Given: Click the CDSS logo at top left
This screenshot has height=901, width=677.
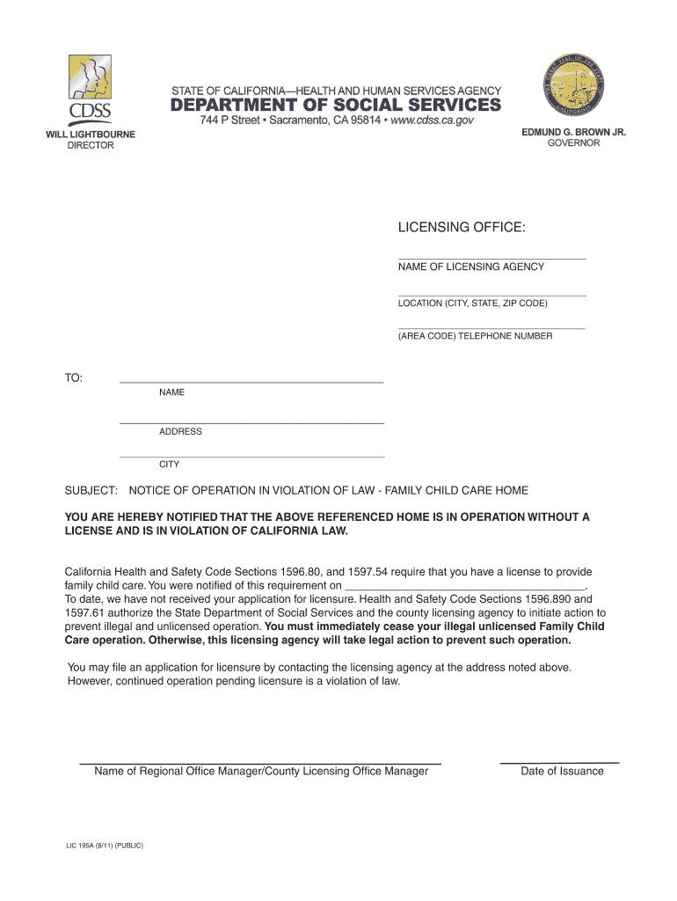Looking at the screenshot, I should coord(91,91).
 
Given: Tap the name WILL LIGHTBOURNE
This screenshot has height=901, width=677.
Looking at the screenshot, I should coord(91,135).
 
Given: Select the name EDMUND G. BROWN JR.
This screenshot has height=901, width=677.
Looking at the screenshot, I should coord(574,132).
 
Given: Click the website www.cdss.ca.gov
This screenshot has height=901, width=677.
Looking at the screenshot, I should coord(432,121).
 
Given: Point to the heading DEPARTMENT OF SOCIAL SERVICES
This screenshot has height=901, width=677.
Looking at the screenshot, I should coord(335,106).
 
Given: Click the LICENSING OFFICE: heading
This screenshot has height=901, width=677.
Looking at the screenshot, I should coord(462,229).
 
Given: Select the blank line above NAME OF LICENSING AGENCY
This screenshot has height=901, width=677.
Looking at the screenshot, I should coord(491,259).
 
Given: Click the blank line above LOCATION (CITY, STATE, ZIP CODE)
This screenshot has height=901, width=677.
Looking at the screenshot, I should coord(491,295).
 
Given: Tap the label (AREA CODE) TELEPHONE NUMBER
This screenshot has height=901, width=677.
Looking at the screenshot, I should coord(475,336).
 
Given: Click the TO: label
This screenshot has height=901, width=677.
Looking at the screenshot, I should coord(74,378).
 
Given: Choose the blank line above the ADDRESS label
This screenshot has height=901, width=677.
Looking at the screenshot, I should coord(251,423).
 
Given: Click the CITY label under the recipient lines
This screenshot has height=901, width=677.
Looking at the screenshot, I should coord(169,465).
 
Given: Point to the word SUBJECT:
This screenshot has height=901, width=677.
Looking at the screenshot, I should coord(91,490).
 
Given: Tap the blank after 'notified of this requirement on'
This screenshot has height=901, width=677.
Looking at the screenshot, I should coord(465,585).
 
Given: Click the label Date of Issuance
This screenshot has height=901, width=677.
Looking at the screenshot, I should coord(562,772).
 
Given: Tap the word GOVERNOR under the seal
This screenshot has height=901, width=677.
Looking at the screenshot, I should coord(574,143).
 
